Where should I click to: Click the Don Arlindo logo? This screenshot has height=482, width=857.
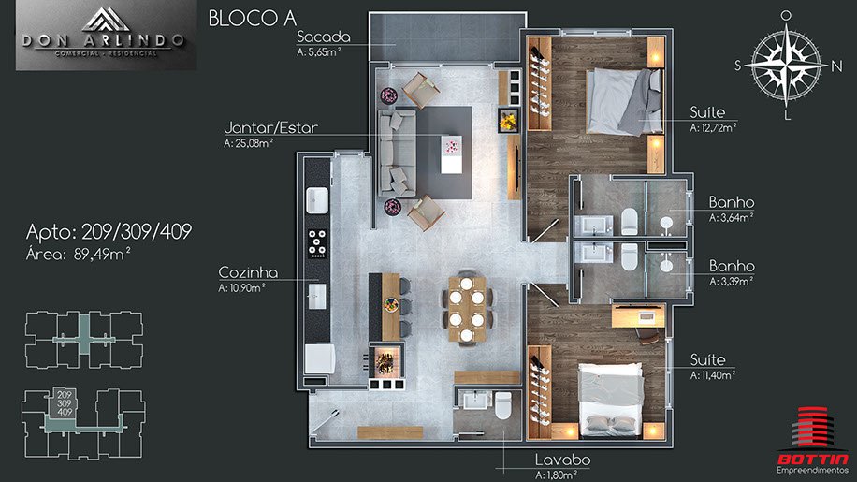(106, 36)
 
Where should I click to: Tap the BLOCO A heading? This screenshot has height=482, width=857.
(252, 19)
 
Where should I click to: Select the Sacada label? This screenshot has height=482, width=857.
(323, 37)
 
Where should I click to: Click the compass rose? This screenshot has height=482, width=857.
(786, 65)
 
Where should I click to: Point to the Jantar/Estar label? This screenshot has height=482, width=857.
(270, 128)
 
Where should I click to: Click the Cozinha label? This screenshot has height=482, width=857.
(248, 272)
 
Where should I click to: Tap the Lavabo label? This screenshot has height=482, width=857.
(562, 460)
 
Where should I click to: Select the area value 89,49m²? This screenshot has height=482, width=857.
(102, 255)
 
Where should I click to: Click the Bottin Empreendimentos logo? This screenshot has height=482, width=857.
(813, 440)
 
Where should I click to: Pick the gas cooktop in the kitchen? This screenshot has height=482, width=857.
(317, 243)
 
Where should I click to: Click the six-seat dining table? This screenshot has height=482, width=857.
(466, 309)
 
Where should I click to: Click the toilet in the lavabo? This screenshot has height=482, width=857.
(502, 406)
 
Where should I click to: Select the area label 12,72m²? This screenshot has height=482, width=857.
(713, 128)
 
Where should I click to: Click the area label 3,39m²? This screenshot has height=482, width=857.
(732, 282)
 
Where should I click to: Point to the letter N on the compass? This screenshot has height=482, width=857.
(836, 66)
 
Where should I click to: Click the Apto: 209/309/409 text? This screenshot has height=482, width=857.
(109, 232)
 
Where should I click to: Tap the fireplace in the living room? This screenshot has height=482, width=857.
(508, 120)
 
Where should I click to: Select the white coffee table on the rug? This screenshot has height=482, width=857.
(451, 154)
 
